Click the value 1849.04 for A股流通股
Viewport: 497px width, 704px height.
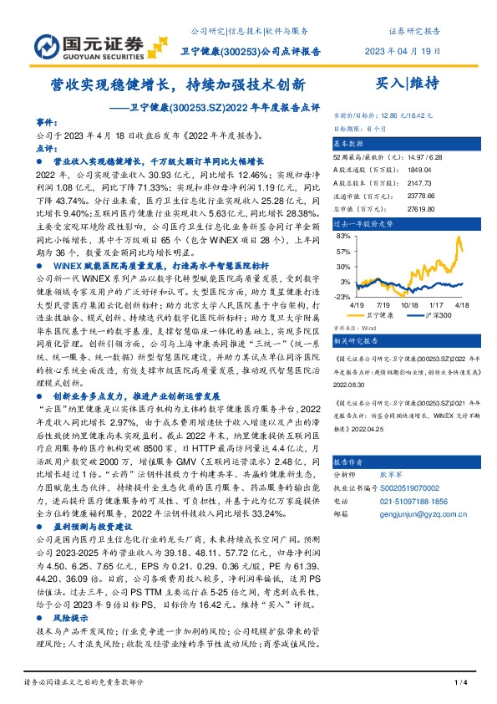[x=420, y=169]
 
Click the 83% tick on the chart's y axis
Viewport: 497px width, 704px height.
[x=342, y=237]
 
